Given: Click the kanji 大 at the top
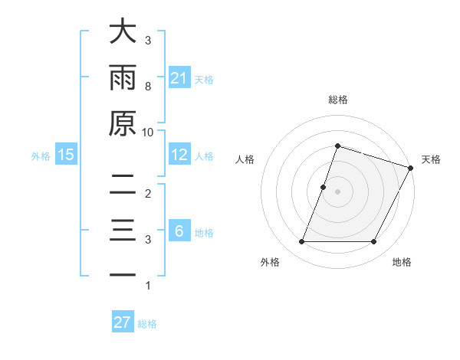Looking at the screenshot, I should [123, 32].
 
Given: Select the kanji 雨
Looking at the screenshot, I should [123, 78].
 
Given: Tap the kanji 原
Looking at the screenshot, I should [123, 124].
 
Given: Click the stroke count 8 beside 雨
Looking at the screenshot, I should [148, 86].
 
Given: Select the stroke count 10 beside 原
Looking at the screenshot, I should [148, 132].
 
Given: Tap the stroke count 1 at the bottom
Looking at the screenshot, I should [148, 286].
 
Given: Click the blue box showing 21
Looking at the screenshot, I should [179, 77].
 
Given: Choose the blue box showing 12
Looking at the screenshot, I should [179, 155].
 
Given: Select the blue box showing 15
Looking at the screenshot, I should [66, 155].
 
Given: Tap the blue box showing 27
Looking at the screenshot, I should [123, 322].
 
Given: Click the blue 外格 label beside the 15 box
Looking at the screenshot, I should [41, 155].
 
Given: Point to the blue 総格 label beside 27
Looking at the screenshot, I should [147, 323].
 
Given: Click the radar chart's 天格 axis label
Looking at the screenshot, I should [431, 159].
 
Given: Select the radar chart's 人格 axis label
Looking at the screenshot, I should [245, 159].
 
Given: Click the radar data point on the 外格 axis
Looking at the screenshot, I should [301, 242].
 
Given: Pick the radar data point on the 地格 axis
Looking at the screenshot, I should [374, 242].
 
